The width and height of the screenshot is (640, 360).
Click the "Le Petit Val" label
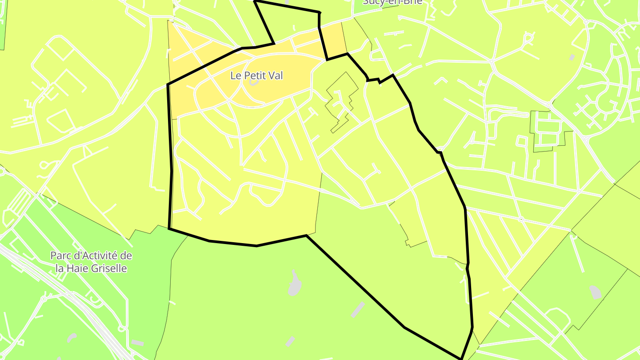(256, 76)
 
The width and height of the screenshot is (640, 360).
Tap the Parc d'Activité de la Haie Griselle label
(91, 262)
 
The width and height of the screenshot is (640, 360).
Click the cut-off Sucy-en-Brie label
(392, 2)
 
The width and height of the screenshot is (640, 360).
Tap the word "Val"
(276, 76)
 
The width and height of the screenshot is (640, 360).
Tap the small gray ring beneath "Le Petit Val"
(254, 83)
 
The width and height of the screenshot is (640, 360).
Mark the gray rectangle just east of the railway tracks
(137, 343)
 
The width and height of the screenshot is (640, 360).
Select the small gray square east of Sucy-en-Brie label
(572, 57)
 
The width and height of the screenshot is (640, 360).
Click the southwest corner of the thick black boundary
(169, 228)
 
